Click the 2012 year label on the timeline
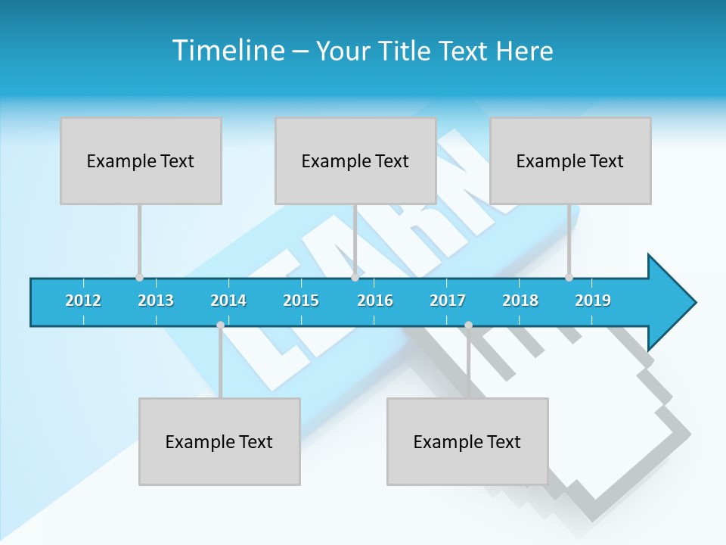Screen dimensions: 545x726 (x=83, y=301)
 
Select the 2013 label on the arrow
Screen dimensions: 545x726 (x=156, y=301)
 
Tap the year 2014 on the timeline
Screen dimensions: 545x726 (x=228, y=301)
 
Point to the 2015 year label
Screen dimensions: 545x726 (x=301, y=301)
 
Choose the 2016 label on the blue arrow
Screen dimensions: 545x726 (x=375, y=301)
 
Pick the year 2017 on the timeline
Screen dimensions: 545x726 (x=448, y=301)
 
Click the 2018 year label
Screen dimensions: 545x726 (x=520, y=301)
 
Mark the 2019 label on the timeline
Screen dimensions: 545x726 (x=593, y=301)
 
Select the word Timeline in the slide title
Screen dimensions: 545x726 (x=227, y=51)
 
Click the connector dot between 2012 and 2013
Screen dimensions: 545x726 (x=139, y=277)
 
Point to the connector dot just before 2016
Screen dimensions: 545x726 (x=355, y=277)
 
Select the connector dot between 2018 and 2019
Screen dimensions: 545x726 (x=569, y=277)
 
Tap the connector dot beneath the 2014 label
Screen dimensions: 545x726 (x=220, y=325)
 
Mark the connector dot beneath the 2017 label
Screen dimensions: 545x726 (x=468, y=325)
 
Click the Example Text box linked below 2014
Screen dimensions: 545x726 (x=219, y=441)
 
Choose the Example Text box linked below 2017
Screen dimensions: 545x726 (x=467, y=441)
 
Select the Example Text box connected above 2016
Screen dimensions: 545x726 (x=355, y=160)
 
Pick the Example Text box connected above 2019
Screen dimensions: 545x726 (x=570, y=160)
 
